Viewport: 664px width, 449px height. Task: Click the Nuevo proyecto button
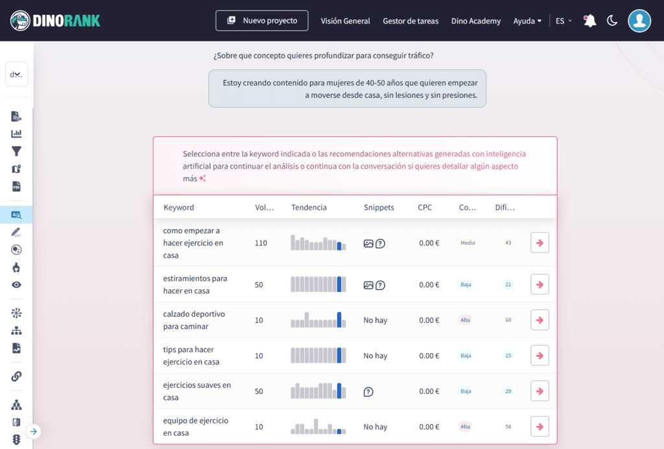pos(262,21)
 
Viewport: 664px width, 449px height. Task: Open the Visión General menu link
pos(346,21)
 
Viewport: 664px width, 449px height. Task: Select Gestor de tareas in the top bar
pos(410,21)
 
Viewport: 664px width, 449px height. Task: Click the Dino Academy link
pos(476,21)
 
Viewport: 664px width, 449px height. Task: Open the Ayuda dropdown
pos(527,21)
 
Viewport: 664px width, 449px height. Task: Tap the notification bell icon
pos(589,21)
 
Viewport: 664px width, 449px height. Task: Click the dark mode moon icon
pos(612,21)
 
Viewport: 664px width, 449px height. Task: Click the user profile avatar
pos(639,21)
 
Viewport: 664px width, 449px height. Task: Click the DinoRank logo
pos(56,21)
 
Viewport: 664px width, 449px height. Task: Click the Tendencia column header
pos(309,208)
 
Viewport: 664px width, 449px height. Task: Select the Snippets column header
pos(379,208)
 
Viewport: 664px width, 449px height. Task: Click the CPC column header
pos(425,208)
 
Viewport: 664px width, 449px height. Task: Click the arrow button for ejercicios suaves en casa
pos(539,391)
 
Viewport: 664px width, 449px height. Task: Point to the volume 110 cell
pos(261,243)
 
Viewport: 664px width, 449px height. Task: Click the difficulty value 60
pos(508,320)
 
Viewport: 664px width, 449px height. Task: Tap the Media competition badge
pos(468,243)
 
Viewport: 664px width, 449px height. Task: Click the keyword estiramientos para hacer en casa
pos(195,284)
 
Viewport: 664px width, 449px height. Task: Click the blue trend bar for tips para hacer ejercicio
pos(339,356)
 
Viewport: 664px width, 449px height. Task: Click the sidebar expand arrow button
pos(34,431)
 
